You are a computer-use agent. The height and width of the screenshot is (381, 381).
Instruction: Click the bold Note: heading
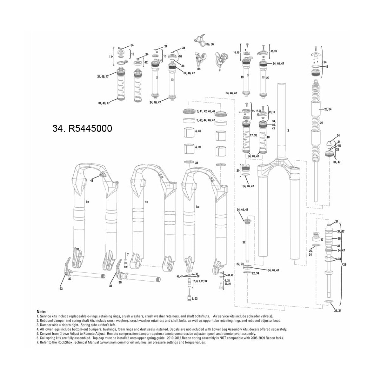(x=41, y=312)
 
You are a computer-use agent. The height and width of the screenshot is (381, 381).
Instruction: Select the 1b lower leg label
(x=147, y=202)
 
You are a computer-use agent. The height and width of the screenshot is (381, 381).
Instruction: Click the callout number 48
(x=92, y=180)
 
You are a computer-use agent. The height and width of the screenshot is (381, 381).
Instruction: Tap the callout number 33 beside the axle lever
(x=61, y=289)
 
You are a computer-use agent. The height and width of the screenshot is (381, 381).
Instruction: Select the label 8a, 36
(x=210, y=44)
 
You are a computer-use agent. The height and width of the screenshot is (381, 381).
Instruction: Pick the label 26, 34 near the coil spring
(x=328, y=109)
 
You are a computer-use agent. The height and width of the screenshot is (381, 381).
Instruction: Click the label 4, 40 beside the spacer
(x=198, y=131)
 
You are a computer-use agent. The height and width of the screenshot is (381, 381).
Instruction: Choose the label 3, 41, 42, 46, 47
(x=206, y=111)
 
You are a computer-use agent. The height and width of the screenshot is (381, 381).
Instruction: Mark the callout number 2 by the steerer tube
(x=288, y=130)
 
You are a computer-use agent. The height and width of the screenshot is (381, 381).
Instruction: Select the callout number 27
(x=321, y=240)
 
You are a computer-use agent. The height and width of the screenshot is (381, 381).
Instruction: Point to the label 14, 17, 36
(x=256, y=111)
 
